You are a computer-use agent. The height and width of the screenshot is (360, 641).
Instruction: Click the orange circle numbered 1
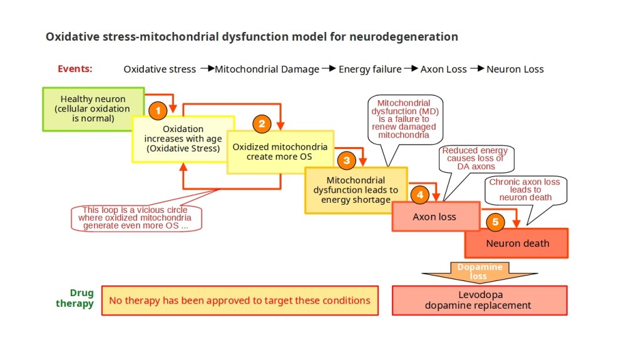[158, 111]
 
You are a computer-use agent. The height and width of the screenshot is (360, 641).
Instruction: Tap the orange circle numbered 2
[262, 123]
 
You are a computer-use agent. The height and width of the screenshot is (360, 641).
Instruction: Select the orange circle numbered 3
[346, 160]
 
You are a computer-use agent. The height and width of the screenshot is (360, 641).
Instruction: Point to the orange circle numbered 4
[420, 195]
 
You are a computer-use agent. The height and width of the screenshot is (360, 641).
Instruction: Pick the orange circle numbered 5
[495, 222]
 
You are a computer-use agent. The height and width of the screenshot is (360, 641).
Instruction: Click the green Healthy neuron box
[93, 109]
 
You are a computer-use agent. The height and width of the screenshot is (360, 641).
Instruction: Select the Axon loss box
[435, 217]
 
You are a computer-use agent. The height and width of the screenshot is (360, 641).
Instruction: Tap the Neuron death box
[517, 243]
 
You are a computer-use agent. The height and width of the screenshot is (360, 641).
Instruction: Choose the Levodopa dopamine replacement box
[479, 301]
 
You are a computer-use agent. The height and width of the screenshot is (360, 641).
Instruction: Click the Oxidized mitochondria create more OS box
[280, 152]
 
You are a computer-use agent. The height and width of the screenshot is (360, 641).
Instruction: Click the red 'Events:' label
[75, 69]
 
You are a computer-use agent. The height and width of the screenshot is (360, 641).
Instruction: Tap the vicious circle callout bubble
[136, 218]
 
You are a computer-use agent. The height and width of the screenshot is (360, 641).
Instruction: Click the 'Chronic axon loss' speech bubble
[525, 190]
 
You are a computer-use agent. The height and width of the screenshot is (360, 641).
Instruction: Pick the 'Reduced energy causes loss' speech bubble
[475, 159]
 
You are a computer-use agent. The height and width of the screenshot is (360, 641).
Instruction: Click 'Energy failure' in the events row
[370, 69]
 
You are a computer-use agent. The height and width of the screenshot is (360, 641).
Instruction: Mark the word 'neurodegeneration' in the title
[403, 36]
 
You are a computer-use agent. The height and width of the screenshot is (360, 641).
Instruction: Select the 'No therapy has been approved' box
[240, 301]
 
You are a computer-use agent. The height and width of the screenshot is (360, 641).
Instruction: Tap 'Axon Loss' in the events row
[444, 69]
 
